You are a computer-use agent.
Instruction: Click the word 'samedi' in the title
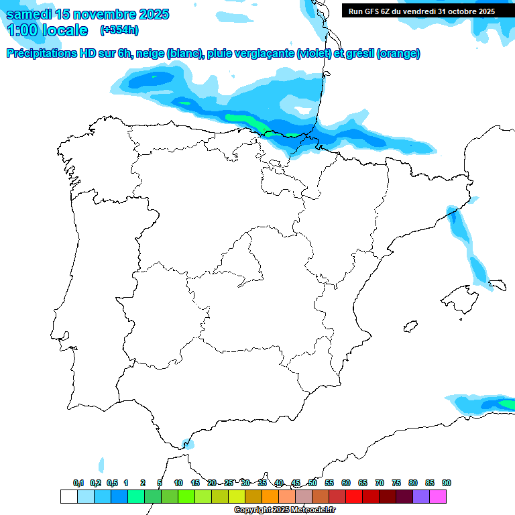coord(28,14)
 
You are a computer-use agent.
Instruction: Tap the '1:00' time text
coord(23,30)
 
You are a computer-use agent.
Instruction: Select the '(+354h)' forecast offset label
coord(119,30)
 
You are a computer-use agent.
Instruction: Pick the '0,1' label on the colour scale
coord(78,483)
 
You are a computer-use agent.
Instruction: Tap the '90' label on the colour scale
coord(447,483)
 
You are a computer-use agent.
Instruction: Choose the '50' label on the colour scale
coord(312,483)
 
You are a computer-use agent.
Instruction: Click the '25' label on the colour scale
coord(229,483)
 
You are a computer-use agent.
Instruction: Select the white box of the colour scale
coord(68,496)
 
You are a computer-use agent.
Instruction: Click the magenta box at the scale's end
coord(438,496)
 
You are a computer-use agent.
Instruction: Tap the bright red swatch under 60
coord(354,496)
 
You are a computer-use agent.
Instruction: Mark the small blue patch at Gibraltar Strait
coord(188,443)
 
